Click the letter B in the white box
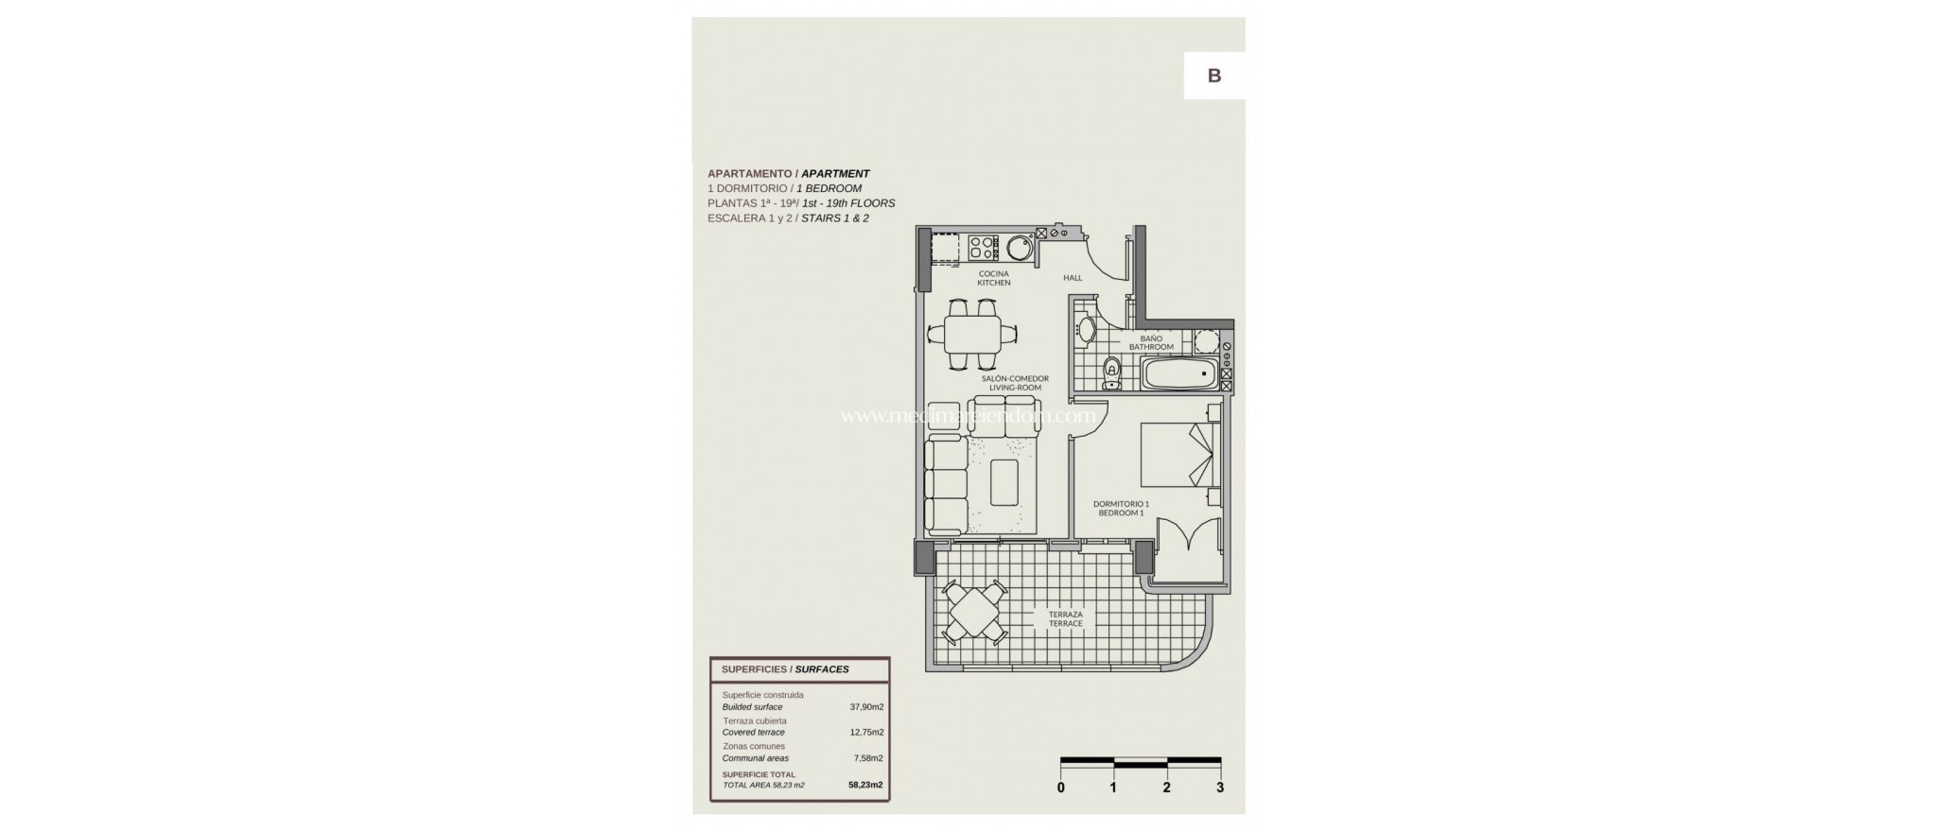[1214, 77]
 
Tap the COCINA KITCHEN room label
[994, 278]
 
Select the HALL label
[1073, 278]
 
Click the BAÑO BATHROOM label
[1151, 342]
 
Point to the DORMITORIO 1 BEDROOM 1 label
[1121, 509]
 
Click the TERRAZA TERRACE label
[1065, 618]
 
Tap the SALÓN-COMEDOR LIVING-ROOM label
[1015, 383]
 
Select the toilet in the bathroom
[1112, 373]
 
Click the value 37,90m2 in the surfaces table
[865, 707]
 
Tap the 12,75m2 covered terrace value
[865, 733]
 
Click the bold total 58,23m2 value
[865, 785]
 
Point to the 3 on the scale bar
[1220, 788]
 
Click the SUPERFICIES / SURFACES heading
[785, 669]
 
